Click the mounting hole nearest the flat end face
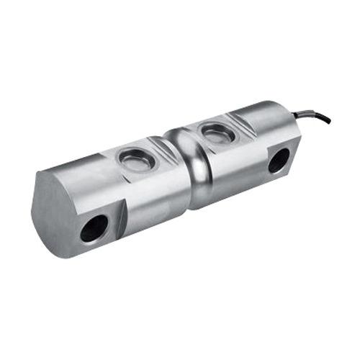point(94,228)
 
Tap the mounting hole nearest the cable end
point(278,160)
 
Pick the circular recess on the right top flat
point(216,132)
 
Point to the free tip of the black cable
point(330,122)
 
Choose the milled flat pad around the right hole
point(281,162)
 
